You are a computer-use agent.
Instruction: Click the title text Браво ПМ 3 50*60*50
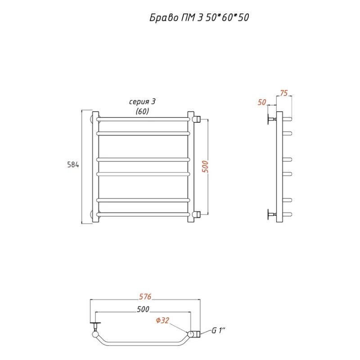pos(199,18)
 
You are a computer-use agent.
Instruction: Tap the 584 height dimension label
pos(73,165)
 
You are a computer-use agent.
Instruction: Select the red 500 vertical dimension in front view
pos(206,166)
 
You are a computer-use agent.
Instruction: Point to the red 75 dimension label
pos(284,93)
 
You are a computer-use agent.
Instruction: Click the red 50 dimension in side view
pos(262,102)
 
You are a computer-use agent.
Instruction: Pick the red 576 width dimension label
pos(145,297)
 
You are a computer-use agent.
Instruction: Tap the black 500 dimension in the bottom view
pos(143,309)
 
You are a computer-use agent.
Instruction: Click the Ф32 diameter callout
pos(162,320)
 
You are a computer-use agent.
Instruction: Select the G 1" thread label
pos(218,330)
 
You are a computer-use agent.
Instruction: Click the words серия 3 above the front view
pos(142,102)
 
